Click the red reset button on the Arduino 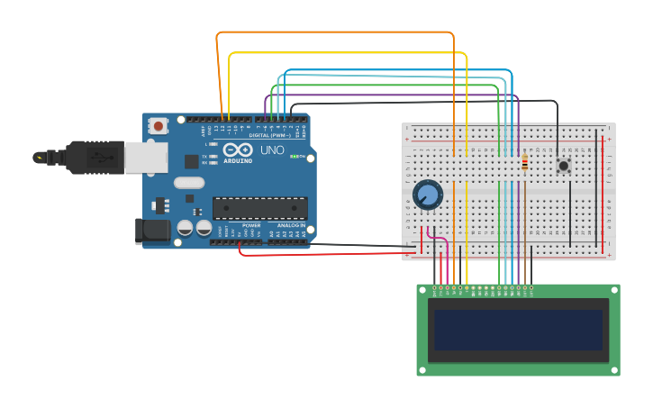tap(159, 126)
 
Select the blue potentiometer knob tap(428, 195)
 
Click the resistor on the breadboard tap(524, 163)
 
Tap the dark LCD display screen tap(518, 330)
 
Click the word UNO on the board tap(272, 150)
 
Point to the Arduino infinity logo tap(238, 150)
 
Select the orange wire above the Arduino tap(333, 32)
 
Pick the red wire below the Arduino tap(324, 255)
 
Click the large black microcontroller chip tap(259, 208)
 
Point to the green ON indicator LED tap(295, 157)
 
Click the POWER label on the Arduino tap(251, 225)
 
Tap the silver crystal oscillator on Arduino tap(189, 183)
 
